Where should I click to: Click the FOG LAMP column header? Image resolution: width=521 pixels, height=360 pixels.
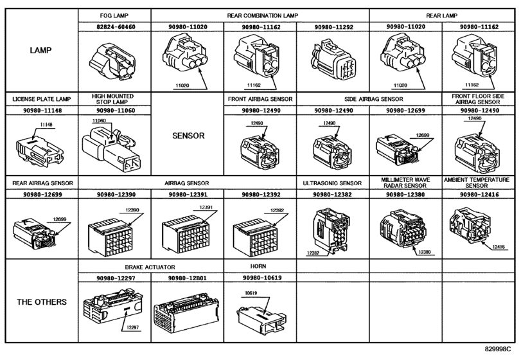point(114,15)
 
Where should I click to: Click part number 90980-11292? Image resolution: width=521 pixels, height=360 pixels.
point(333,27)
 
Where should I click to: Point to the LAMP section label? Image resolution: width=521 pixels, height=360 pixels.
point(41,50)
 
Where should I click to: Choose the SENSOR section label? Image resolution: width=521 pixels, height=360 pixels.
point(188,136)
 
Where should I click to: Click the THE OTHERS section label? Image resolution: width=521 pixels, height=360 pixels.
point(42,302)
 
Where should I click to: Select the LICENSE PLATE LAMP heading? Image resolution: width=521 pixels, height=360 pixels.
point(42,99)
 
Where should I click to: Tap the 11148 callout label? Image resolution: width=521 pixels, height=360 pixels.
point(46,125)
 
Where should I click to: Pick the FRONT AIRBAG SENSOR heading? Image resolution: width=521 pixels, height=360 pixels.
point(260,99)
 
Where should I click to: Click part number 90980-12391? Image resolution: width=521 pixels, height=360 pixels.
point(188,194)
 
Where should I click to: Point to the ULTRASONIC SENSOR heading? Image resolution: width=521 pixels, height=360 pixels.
point(332,183)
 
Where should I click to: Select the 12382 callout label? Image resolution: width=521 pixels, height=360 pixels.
point(313,253)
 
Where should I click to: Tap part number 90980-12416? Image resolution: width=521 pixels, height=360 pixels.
point(479,194)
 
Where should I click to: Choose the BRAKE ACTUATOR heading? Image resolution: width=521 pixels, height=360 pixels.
point(150,267)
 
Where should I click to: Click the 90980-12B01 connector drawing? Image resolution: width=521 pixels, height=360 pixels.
point(186,312)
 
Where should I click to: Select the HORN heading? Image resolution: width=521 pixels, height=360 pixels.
point(258,266)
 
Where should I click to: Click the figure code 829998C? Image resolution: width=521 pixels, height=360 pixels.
point(498,349)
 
